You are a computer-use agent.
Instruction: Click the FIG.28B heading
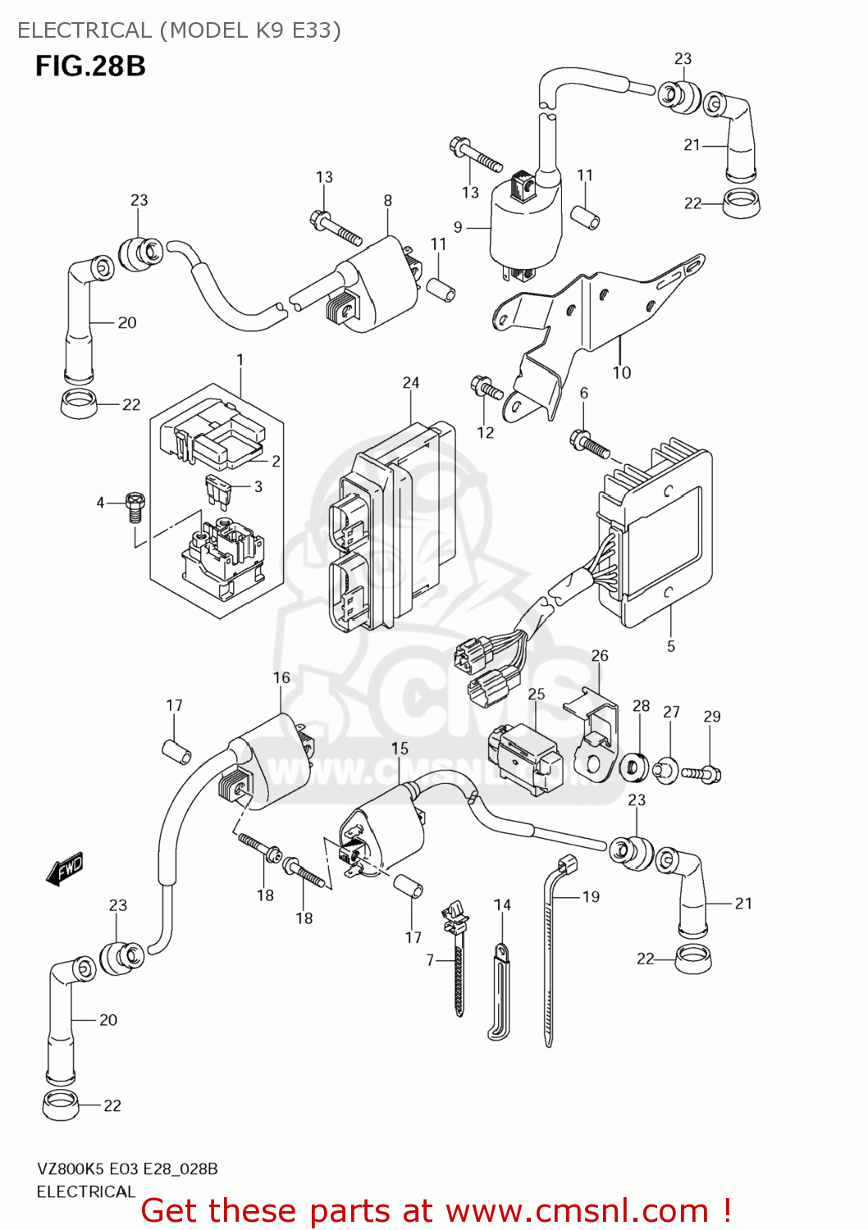(x=90, y=66)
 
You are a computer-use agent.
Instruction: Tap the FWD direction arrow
(x=66, y=868)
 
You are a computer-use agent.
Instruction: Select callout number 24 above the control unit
(x=411, y=383)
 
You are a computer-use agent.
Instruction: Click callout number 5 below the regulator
(x=670, y=646)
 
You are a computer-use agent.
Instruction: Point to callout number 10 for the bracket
(x=622, y=373)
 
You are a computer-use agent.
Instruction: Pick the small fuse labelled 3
(x=219, y=490)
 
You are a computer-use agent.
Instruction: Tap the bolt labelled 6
(x=590, y=444)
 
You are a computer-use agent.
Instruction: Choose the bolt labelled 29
(x=701, y=772)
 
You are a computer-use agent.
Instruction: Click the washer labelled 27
(x=666, y=770)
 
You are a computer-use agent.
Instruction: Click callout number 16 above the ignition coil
(x=281, y=678)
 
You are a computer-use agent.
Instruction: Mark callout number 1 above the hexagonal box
(x=240, y=360)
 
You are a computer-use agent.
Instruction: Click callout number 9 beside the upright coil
(x=458, y=227)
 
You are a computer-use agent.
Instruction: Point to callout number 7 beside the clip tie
(x=430, y=959)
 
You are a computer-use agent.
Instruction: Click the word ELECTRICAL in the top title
(x=85, y=30)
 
